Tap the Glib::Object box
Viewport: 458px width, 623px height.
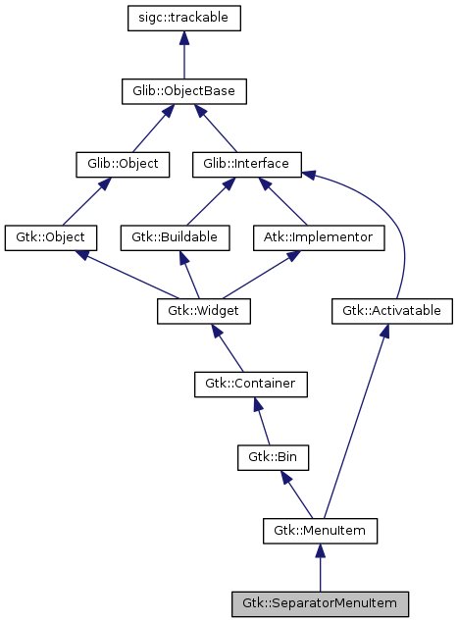pyautogui.click(x=117, y=165)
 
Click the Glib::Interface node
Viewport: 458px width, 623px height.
pyautogui.click(x=246, y=165)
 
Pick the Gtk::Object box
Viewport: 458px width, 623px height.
pyautogui.click(x=50, y=237)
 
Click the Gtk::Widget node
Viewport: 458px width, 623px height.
pyautogui.click(x=204, y=311)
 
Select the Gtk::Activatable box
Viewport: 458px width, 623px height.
pyautogui.click(x=391, y=311)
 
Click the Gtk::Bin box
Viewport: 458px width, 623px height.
pyautogui.click(x=274, y=457)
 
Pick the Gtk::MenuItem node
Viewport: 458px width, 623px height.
pyautogui.click(x=320, y=531)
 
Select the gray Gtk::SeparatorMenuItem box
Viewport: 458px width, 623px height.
pyautogui.click(x=320, y=603)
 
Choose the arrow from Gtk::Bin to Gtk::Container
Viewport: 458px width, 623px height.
pyautogui.click(x=264, y=421)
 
